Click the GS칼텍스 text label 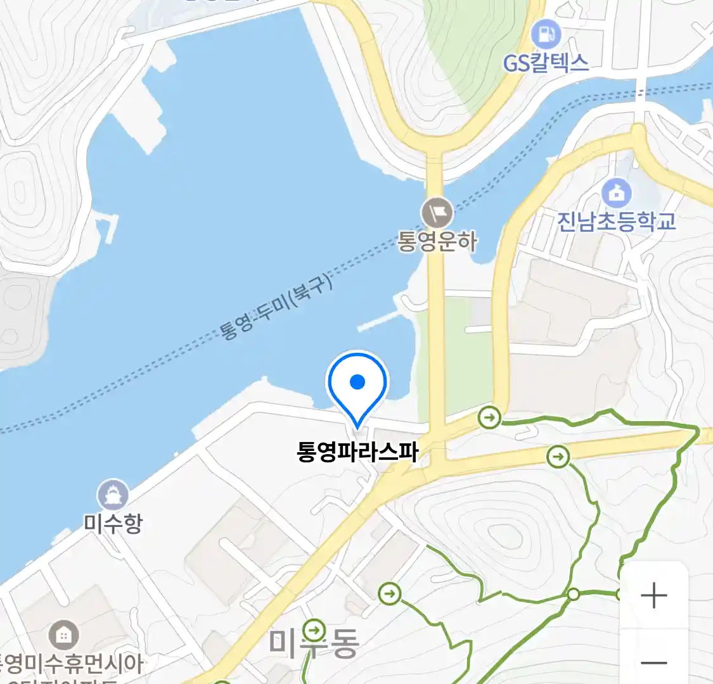[x=546, y=63]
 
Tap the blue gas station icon [x=546, y=34]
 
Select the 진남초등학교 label [x=616, y=221]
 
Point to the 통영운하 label [x=437, y=241]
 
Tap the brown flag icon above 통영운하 [x=438, y=213]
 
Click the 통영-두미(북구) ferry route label [x=276, y=309]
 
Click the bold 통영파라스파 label [x=357, y=452]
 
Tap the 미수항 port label [x=113, y=524]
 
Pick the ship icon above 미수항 [x=113, y=495]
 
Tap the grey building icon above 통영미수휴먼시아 [x=64, y=635]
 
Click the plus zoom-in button [x=653, y=596]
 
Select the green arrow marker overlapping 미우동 [x=314, y=630]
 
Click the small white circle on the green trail [x=573, y=594]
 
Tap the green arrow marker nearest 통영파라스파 [x=489, y=417]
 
